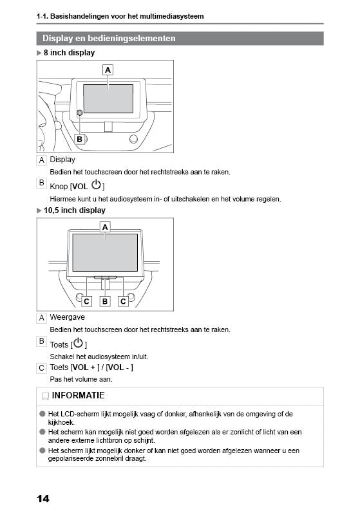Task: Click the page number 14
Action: click(43, 498)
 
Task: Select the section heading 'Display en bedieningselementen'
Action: click(109, 39)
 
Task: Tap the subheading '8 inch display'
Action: click(69, 53)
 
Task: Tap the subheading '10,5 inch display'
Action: click(74, 210)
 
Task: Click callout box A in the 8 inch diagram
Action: click(108, 69)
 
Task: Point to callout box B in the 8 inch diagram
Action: click(79, 139)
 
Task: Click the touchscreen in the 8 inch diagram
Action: click(108, 98)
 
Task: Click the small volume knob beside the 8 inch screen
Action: click(79, 113)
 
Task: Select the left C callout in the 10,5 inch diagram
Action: click(87, 301)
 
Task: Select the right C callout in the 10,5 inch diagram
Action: click(123, 301)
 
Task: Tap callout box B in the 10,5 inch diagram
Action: click(105, 301)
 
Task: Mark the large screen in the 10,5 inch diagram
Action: click(105, 252)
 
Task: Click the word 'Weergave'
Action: click(67, 317)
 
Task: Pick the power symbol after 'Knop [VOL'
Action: click(96, 185)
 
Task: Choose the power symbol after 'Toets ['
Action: click(79, 344)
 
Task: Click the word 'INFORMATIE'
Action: click(78, 395)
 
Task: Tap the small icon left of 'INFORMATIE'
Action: click(44, 396)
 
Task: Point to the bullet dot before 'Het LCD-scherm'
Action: click(42, 414)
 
